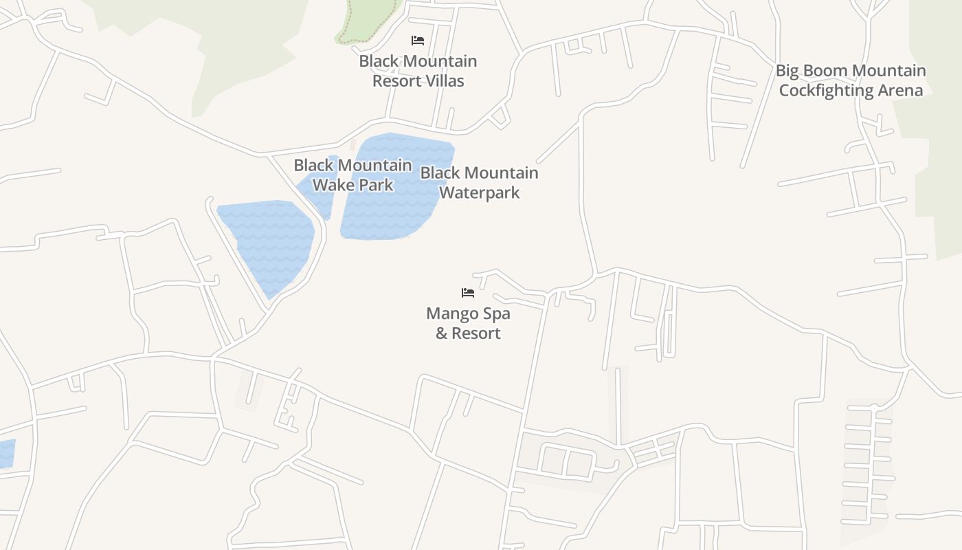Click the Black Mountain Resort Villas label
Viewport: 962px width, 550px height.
(x=418, y=71)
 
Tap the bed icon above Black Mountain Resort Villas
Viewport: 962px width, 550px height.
(x=417, y=41)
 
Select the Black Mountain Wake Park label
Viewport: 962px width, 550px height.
(x=353, y=175)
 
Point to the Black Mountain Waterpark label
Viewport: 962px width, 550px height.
(x=479, y=182)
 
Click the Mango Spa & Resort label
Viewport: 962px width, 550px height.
(x=468, y=323)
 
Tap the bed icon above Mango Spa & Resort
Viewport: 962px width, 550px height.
(x=468, y=293)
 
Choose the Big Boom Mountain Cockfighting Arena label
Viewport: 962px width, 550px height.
(x=851, y=80)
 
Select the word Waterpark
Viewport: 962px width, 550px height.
(x=479, y=192)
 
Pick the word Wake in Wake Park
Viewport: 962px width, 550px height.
(x=331, y=185)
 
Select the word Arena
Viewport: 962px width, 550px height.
(x=899, y=91)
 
